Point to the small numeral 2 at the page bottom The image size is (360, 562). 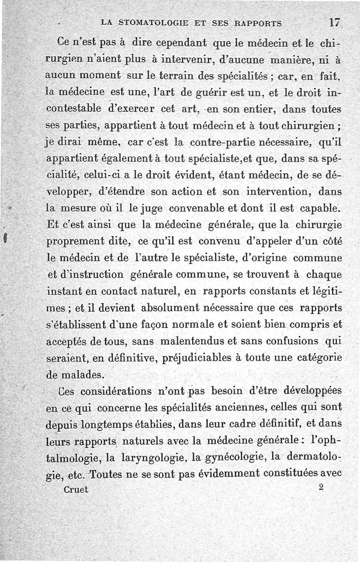321,487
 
